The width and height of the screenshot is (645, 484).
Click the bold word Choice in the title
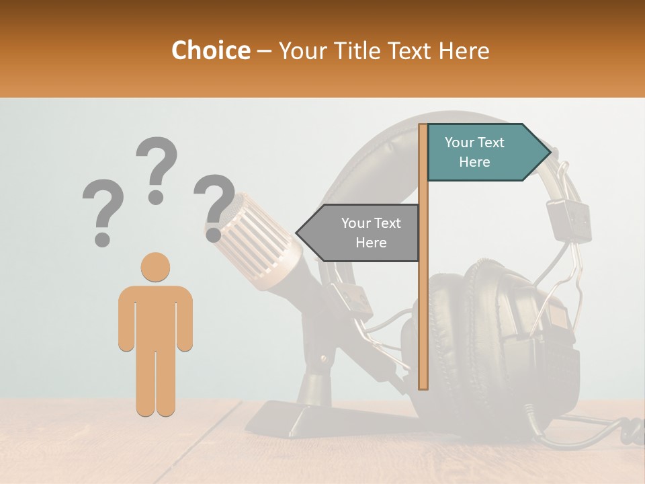(x=210, y=51)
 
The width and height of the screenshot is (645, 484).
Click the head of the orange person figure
(x=155, y=267)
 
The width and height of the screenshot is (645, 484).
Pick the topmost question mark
(x=157, y=168)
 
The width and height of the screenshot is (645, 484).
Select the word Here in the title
(x=463, y=51)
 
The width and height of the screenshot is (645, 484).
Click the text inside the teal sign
(x=474, y=152)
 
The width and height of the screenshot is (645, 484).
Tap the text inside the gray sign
(x=371, y=233)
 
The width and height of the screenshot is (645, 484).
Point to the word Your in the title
(x=302, y=51)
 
